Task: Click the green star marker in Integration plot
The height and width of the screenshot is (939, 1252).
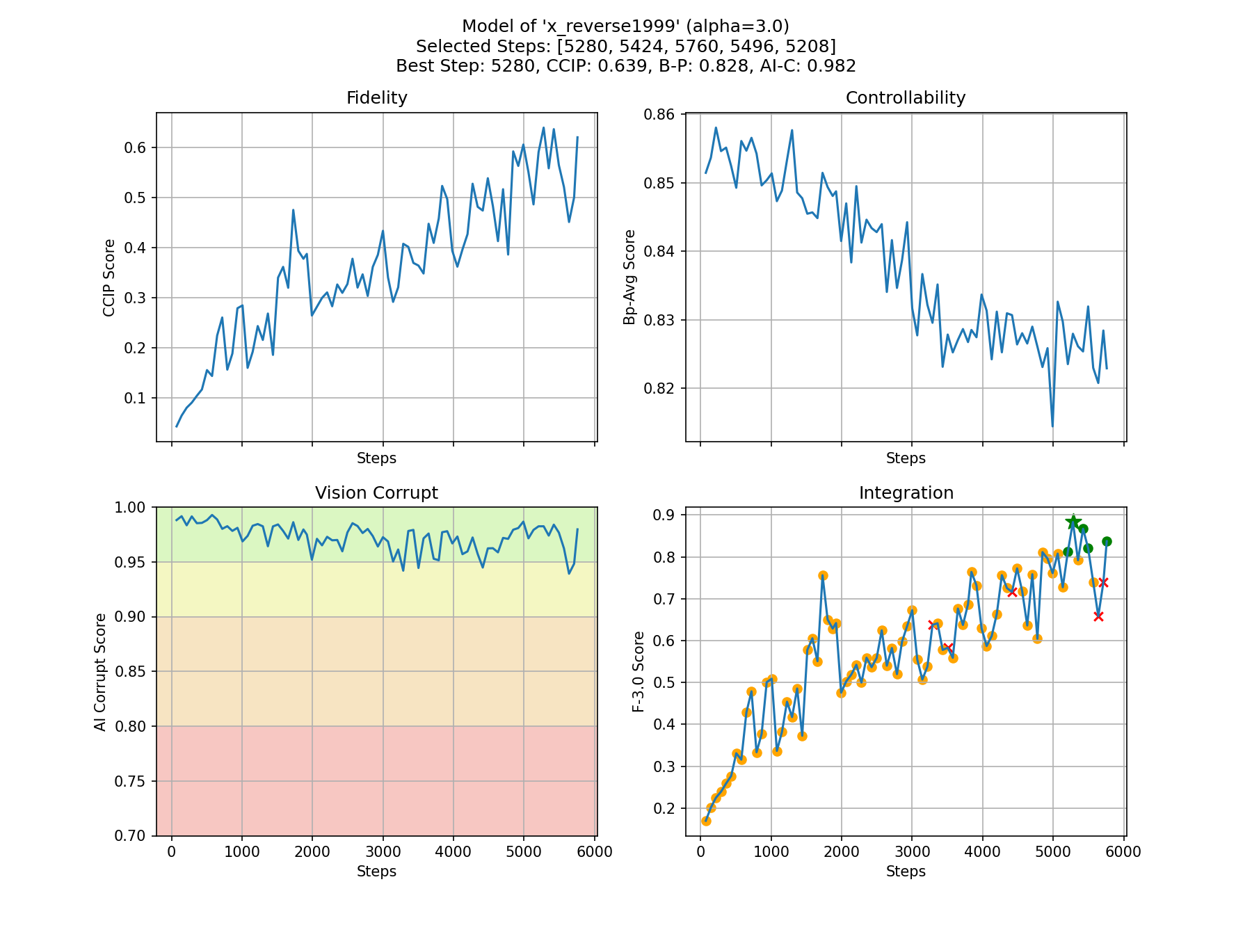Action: coord(1073,522)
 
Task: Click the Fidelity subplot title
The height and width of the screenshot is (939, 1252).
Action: coord(376,98)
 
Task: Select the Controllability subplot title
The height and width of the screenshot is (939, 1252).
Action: coord(905,98)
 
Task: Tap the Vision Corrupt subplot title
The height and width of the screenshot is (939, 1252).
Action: coord(376,493)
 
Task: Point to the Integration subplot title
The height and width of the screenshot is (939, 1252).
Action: coord(906,493)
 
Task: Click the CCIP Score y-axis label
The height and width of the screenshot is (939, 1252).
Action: coord(109,278)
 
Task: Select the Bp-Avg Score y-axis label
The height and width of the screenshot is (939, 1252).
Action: coord(629,277)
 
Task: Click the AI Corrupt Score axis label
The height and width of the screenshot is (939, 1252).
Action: coord(101,672)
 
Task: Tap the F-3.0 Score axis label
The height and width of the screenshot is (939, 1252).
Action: coord(639,672)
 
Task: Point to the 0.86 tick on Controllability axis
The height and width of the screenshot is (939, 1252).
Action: coord(662,114)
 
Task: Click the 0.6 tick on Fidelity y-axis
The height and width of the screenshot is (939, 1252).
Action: coord(134,147)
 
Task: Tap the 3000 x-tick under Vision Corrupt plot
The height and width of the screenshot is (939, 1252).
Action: coord(383,853)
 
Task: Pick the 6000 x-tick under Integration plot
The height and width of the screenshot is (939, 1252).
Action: coord(1123,853)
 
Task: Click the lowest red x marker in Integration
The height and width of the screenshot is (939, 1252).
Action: coord(1098,616)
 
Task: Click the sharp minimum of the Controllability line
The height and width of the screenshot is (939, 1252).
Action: coord(1052,426)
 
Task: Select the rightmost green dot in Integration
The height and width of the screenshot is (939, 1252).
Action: coord(1107,541)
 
